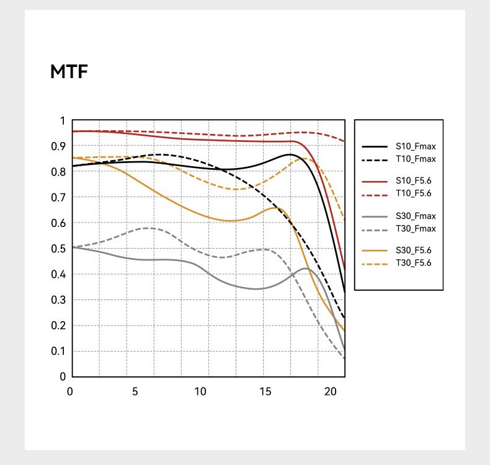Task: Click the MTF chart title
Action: [69, 72]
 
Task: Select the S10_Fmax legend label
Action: [416, 147]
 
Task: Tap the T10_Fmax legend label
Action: [416, 159]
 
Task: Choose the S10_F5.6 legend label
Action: [414, 181]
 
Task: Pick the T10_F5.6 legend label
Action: [414, 194]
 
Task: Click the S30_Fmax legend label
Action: [416, 216]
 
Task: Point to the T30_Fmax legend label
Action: [416, 229]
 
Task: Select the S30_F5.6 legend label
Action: [414, 250]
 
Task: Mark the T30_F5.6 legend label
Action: [414, 263]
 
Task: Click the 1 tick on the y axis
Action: [62, 121]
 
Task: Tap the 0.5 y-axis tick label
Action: [58, 249]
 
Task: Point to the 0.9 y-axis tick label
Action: [58, 146]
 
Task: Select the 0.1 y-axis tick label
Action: [58, 351]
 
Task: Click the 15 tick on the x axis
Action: [265, 392]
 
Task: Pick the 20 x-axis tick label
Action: [330, 392]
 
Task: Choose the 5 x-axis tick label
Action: [135, 392]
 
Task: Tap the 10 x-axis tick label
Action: [200, 392]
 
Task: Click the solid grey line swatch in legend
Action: [375, 216]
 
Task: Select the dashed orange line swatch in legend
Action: [375, 263]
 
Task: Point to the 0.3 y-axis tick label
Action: [58, 300]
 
